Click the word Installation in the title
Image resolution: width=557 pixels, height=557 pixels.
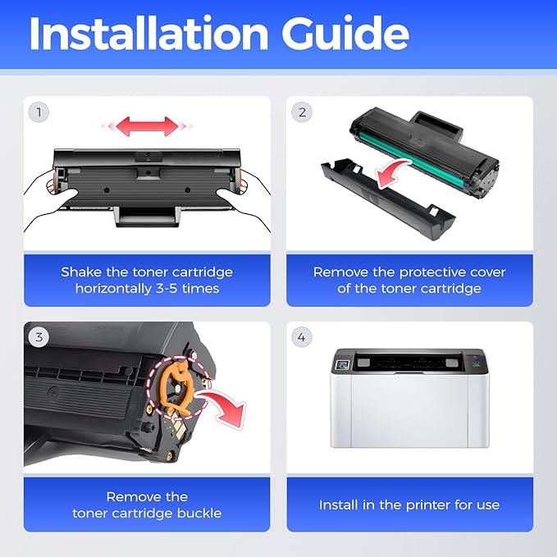[x=148, y=34]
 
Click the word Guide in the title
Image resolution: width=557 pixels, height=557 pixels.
[x=345, y=34]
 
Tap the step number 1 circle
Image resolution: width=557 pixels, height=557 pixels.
[x=39, y=112]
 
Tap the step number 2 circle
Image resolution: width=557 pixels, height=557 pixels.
[x=302, y=112]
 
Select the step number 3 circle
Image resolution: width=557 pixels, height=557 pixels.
[x=39, y=337]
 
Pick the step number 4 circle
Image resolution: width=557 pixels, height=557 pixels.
[x=302, y=337]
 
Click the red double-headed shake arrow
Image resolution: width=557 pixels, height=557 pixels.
[x=147, y=126]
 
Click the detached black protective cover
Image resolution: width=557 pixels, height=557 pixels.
[x=387, y=201]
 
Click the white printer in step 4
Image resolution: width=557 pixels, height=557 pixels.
[x=409, y=398]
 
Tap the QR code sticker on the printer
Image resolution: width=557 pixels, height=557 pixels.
[x=343, y=365]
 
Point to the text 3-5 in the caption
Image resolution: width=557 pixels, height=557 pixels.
[x=167, y=288]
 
